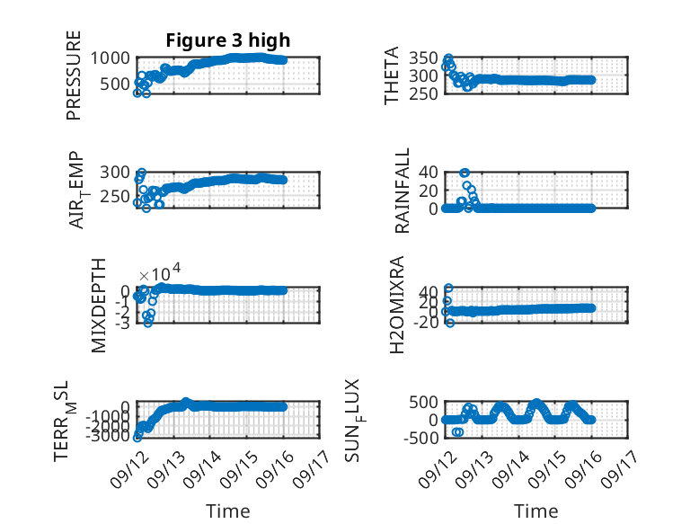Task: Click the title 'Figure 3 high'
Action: [228, 40]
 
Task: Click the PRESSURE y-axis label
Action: [74, 75]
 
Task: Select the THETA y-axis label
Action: [392, 75]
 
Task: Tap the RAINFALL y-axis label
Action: [403, 191]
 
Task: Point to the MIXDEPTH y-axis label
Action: [99, 305]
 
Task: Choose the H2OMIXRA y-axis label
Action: [397, 305]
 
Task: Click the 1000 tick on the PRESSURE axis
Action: [111, 58]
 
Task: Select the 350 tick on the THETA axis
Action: [423, 58]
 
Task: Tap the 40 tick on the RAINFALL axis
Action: [429, 173]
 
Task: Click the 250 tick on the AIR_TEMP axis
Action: [115, 196]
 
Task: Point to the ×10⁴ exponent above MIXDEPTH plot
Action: [160, 272]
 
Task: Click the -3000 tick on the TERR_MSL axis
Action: [111, 437]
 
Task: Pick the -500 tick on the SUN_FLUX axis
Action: [421, 438]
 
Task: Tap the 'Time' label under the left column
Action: [228, 511]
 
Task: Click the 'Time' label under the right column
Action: [536, 511]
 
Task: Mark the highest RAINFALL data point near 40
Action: [465, 173]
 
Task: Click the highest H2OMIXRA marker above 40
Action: [448, 289]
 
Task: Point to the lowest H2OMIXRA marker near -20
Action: [450, 323]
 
